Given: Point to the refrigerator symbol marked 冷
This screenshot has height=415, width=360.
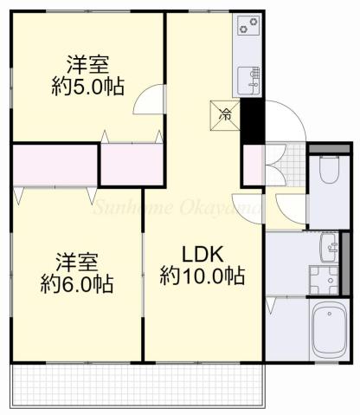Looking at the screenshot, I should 223,113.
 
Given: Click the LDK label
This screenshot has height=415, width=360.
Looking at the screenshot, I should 202,255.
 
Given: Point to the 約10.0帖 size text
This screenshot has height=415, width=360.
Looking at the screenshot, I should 202,277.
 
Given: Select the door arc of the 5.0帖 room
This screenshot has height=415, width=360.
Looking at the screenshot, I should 148,98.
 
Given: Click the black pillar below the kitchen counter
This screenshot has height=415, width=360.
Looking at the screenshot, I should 251,120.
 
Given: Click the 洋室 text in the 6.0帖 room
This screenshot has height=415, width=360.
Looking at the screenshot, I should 76,261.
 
